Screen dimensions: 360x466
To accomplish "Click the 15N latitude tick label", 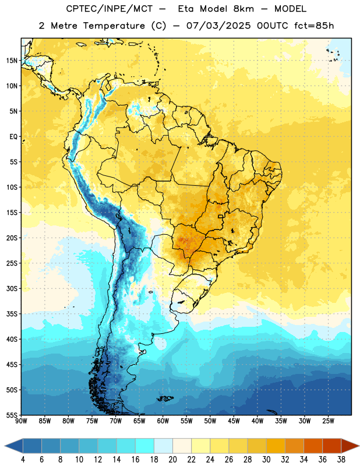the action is [x=12, y=61].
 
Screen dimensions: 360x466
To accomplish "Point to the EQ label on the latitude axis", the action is [x=13, y=137].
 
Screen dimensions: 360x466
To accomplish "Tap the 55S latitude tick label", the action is [x=12, y=415].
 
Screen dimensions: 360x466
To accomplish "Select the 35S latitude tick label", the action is [x=12, y=314].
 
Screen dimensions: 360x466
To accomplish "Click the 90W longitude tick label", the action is [x=21, y=421].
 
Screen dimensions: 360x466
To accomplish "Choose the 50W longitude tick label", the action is [x=210, y=421].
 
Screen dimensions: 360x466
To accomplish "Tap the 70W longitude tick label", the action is [x=116, y=421].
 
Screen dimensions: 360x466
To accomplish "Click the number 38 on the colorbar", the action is [x=341, y=460].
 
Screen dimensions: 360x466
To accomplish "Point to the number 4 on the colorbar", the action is [x=23, y=460].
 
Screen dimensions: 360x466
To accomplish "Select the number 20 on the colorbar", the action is [x=172, y=460].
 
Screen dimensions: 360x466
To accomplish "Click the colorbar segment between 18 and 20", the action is [x=163, y=446].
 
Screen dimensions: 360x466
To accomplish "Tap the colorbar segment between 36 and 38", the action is [x=332, y=446].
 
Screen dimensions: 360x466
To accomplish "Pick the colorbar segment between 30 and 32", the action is [x=276, y=446].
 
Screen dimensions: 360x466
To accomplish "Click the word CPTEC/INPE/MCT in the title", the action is [x=110, y=9].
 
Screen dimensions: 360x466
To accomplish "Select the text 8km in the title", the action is [x=243, y=9].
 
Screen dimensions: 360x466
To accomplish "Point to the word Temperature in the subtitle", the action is [x=114, y=26].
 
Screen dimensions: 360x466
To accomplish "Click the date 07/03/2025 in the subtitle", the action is [x=218, y=26].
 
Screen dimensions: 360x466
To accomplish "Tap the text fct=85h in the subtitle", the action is [x=314, y=26].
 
